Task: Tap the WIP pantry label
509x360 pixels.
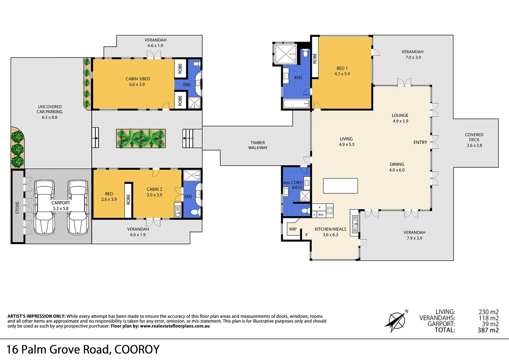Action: pyautogui.click(x=293, y=229)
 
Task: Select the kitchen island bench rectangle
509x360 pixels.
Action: pyautogui.click(x=340, y=186)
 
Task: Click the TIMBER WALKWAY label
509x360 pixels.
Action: pyautogui.click(x=257, y=145)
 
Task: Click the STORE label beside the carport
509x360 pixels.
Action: pyautogui.click(x=17, y=207)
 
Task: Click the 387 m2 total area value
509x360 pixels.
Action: pyautogui.click(x=488, y=330)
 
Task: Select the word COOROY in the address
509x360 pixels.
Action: pyautogui.click(x=137, y=349)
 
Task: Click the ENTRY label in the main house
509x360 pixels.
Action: pyautogui.click(x=420, y=142)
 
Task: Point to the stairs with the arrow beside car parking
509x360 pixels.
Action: pyautogui.click(x=95, y=137)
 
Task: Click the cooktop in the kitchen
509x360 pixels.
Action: pyautogui.click(x=329, y=210)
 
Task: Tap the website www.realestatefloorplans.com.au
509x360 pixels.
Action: pyautogui.click(x=175, y=326)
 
